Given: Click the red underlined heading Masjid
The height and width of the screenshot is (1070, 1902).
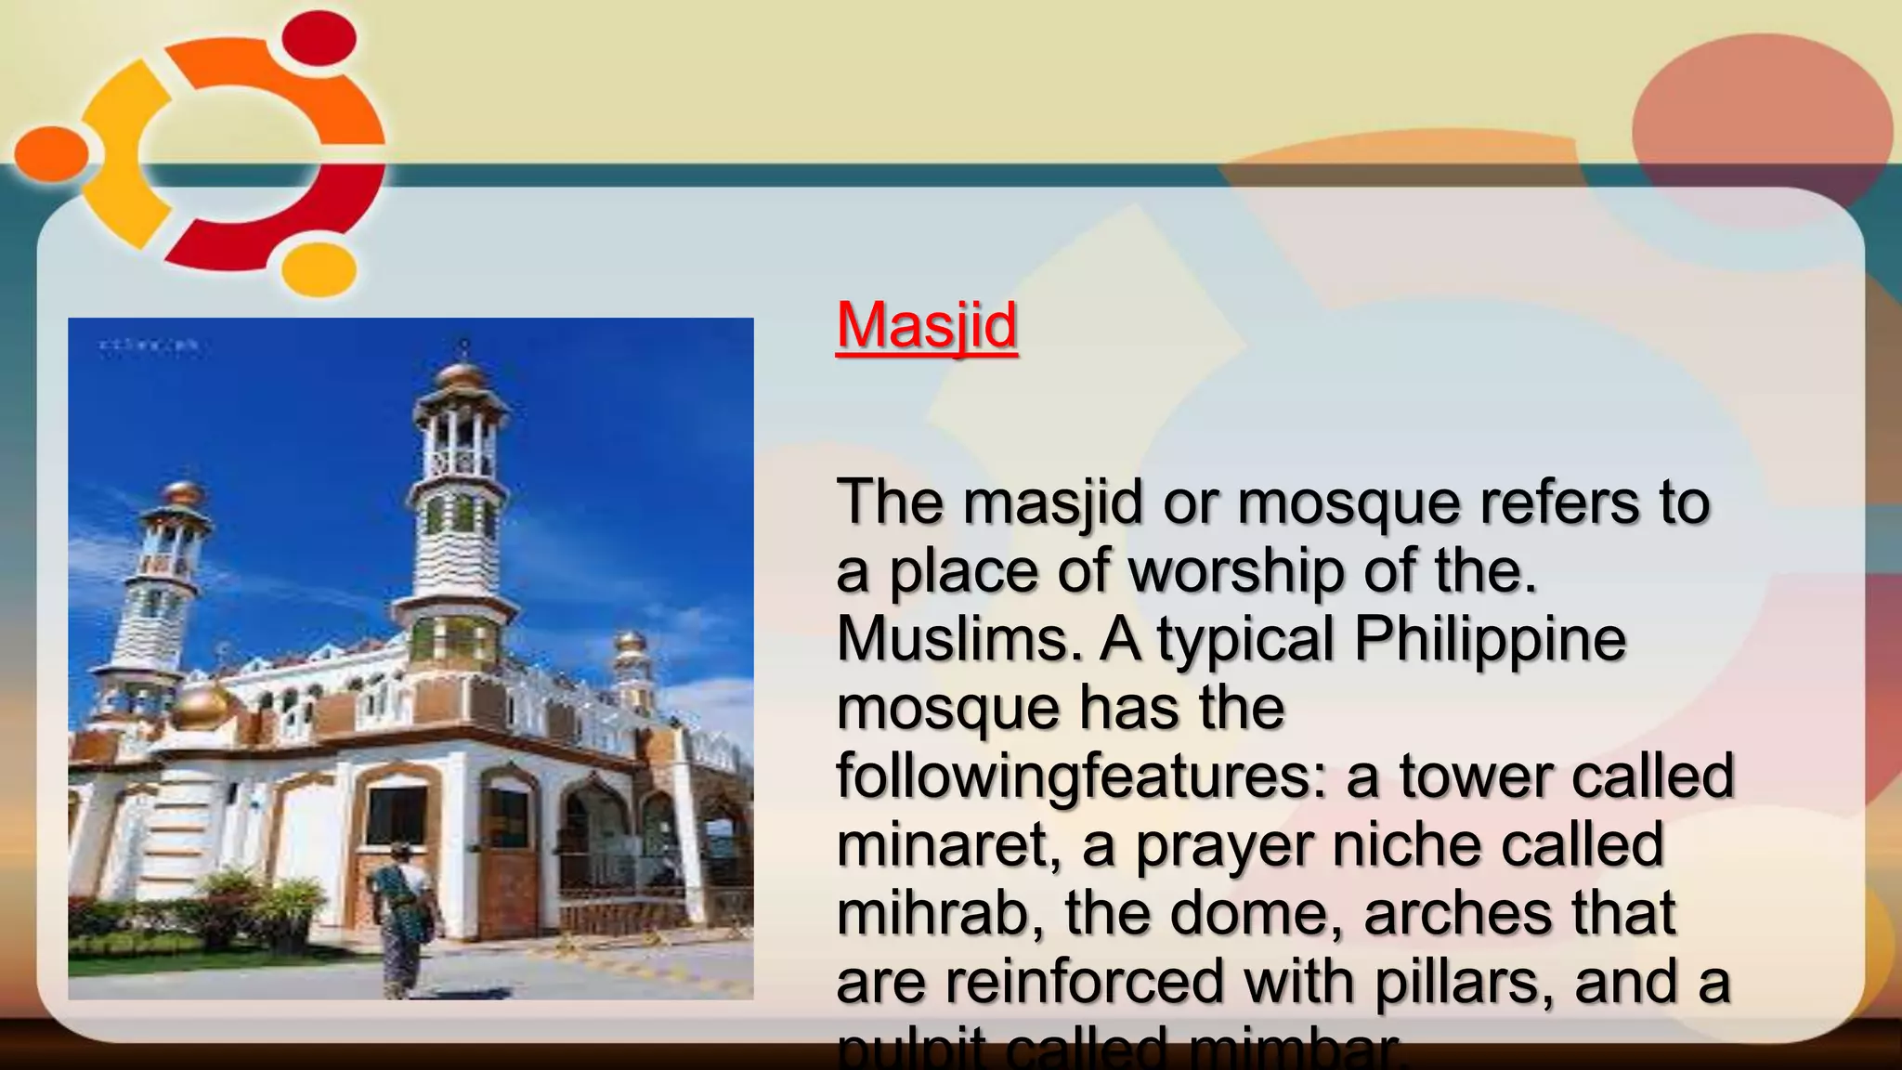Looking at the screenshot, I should [926, 325].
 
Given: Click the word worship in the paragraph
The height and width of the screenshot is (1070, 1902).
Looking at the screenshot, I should [1234, 570].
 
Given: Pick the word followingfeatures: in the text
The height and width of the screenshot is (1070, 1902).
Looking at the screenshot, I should [1083, 776].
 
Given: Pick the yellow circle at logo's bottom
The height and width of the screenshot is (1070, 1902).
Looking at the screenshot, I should [319, 268].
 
